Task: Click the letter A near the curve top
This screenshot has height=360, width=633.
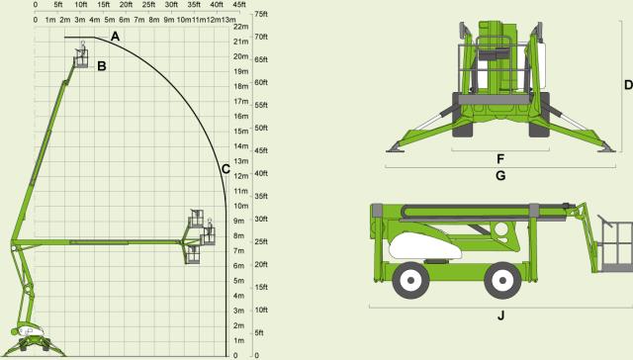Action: click(115, 37)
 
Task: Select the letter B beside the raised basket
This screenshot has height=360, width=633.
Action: click(102, 66)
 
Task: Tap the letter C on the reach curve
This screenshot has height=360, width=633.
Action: click(226, 169)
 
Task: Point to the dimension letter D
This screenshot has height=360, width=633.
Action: click(629, 85)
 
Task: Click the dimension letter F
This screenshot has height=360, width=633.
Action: click(500, 159)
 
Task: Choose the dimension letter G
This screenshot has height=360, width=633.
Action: click(500, 176)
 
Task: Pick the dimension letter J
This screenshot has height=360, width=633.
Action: click(501, 315)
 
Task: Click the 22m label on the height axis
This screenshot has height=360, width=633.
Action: click(241, 27)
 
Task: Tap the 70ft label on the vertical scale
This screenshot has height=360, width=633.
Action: click(261, 37)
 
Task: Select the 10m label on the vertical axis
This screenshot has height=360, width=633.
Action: click(241, 206)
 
